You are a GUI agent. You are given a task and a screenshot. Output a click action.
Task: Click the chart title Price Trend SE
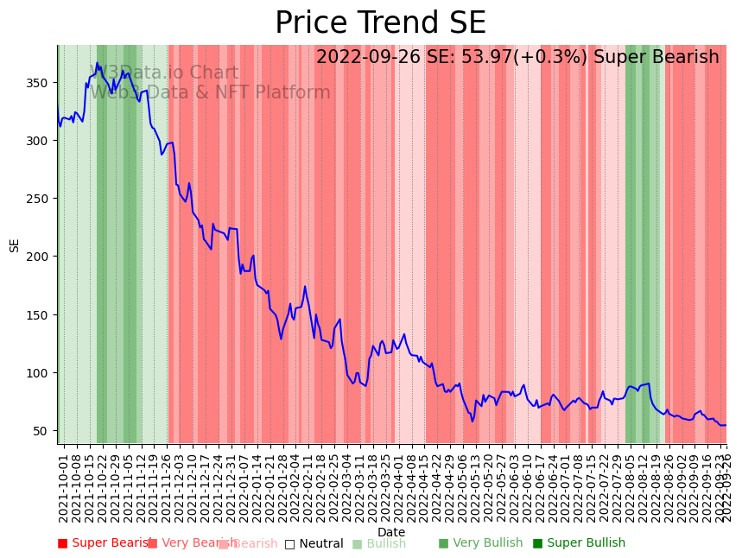[380, 23]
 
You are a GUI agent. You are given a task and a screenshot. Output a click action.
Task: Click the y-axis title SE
[14, 244]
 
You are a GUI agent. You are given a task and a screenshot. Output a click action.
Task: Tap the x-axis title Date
[391, 533]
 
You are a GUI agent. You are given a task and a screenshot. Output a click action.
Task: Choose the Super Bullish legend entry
[579, 543]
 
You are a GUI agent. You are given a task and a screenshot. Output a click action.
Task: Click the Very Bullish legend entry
[481, 543]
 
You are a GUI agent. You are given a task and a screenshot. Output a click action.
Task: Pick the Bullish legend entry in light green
[379, 544]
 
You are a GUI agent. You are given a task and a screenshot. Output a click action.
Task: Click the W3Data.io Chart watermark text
[164, 73]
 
